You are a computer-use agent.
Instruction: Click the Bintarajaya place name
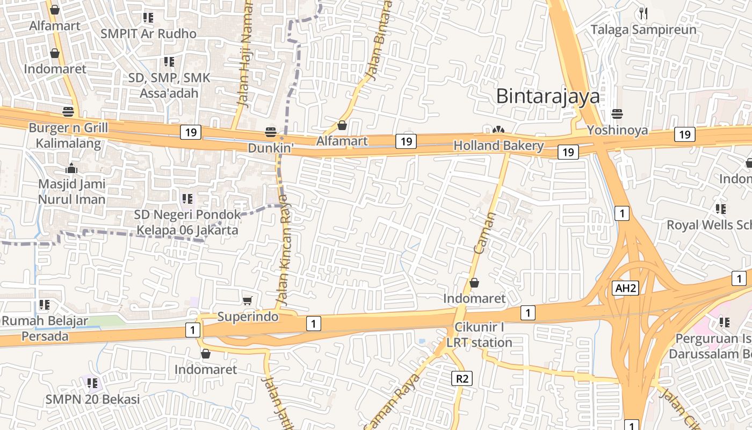coord(547,96)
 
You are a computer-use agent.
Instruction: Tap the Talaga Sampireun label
coord(643,30)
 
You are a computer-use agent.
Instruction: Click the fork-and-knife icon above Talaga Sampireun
coord(643,13)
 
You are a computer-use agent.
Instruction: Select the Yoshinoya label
coord(617,130)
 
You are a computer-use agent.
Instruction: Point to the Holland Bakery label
coord(498,146)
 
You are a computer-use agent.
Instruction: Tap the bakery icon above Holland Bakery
coord(498,130)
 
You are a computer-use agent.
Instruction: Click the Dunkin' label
coord(270,147)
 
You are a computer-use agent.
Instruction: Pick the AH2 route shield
coord(626,288)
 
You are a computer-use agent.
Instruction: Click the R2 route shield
coord(462,378)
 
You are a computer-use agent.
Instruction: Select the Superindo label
coord(248,317)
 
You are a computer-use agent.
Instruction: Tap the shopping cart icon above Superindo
coord(248,300)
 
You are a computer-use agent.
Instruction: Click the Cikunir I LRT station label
coord(480,335)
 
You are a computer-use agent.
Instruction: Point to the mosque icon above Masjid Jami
coord(71,169)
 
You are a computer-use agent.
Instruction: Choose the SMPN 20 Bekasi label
coord(92,399)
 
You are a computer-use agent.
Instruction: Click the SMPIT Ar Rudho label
coord(149,33)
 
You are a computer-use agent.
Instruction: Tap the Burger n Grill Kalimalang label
coord(68,135)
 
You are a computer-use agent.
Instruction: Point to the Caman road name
coord(485,232)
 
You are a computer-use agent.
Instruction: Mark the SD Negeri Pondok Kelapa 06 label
coord(187,223)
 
